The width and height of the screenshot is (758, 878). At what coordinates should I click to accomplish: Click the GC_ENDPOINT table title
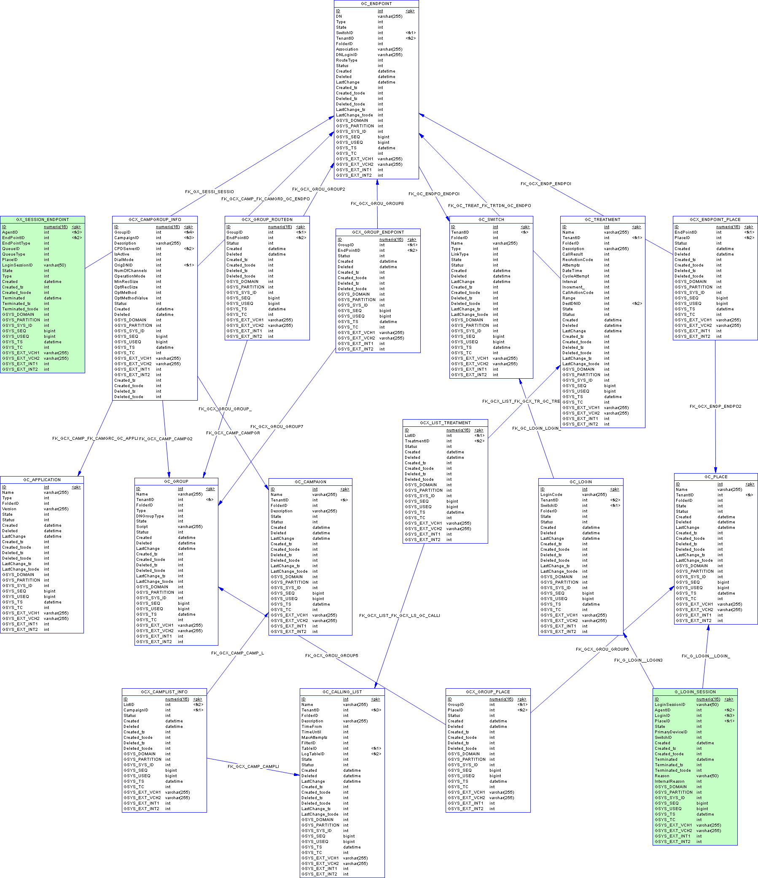[376, 4]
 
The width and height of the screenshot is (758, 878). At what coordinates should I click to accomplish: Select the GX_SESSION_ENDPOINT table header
[43, 219]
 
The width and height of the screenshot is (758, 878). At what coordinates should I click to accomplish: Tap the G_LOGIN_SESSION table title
[695, 692]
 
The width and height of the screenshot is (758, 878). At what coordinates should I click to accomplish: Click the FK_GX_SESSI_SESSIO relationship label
[209, 191]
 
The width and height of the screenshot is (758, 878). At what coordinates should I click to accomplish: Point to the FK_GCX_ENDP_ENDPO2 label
[715, 407]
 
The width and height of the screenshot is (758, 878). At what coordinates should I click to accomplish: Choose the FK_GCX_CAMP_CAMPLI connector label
[253, 766]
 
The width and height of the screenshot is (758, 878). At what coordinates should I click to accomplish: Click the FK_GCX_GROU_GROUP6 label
[602, 649]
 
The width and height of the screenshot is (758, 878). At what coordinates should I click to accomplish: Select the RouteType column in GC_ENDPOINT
[347, 60]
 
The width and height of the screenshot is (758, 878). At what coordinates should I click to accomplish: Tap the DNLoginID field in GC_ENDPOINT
[347, 55]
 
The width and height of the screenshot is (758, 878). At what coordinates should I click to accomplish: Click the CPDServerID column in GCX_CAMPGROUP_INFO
[127, 249]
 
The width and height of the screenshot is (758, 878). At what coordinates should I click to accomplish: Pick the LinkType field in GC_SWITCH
[460, 254]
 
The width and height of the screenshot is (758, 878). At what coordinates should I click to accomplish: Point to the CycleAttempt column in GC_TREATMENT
[575, 276]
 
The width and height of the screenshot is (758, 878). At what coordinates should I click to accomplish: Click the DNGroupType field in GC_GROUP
[150, 516]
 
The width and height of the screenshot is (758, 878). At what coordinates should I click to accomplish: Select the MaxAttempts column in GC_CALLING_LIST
[314, 737]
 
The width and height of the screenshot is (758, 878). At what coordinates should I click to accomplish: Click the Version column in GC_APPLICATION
[9, 509]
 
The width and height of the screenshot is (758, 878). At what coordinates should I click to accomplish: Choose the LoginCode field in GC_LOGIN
[551, 495]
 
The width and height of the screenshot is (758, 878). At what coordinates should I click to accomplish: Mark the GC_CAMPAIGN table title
[310, 482]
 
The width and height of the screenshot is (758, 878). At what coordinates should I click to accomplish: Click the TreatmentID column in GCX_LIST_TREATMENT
[417, 441]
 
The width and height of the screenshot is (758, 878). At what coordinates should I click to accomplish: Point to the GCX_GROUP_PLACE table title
[488, 692]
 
